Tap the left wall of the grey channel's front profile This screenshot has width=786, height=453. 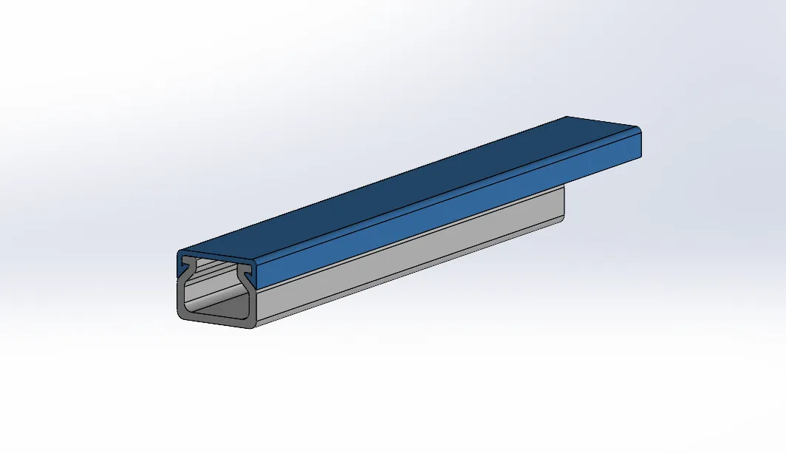(x=182, y=299)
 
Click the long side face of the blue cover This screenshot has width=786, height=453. (x=443, y=214)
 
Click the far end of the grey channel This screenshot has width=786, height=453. (x=563, y=203)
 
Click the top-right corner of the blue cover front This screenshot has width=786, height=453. (x=256, y=257)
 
